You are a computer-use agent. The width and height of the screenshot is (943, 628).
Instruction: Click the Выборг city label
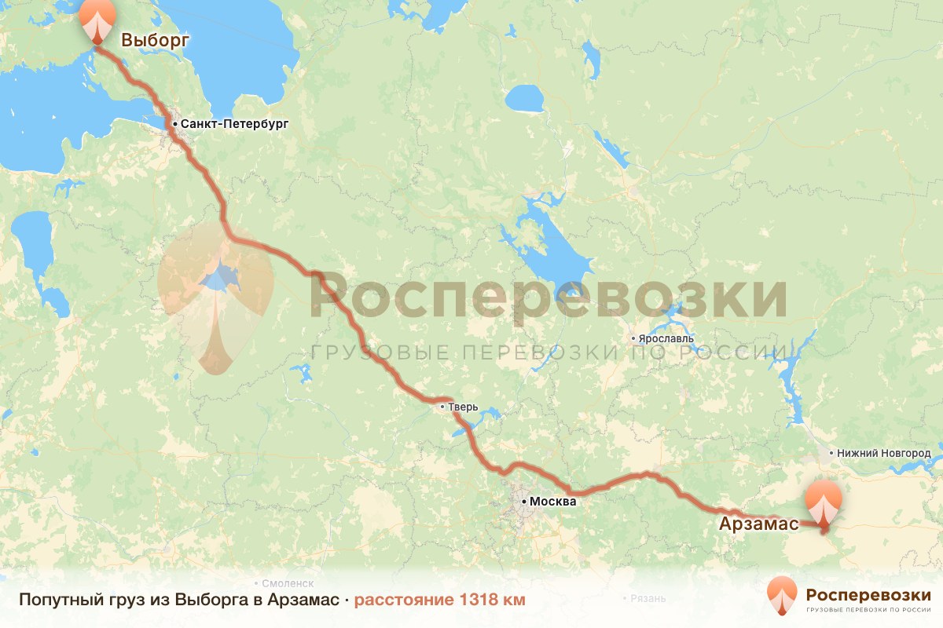pos(156,40)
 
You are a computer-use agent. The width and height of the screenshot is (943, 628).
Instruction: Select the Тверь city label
pos(463,407)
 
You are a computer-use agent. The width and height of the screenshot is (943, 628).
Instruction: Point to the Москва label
pos(553,501)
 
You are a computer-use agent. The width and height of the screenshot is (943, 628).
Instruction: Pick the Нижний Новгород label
pos(883,453)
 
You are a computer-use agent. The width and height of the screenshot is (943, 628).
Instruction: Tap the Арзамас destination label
pos(758,524)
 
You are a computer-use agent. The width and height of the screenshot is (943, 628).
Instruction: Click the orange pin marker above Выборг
pos(97,20)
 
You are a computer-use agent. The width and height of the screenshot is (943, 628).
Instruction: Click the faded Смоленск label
pos(288,584)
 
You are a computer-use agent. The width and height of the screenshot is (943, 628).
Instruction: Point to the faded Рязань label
pos(648,598)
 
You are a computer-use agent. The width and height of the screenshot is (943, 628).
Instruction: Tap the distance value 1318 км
pos(493,601)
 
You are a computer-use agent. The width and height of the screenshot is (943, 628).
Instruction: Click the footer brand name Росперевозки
pos(868,593)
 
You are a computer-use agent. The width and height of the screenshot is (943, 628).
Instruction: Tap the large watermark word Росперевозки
pos(548,296)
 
